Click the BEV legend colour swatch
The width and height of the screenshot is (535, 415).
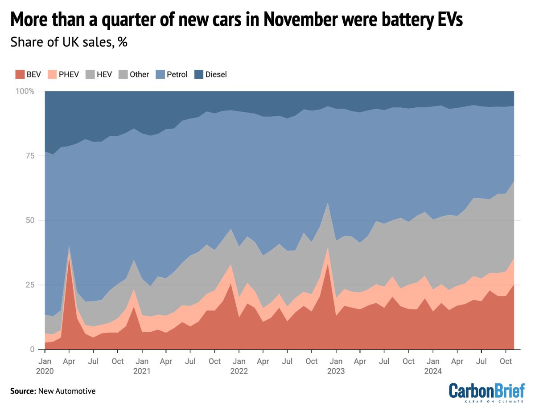18,74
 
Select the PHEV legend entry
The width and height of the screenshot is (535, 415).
65,74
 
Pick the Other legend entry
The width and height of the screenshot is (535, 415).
135,74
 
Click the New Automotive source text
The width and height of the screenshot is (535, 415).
66,391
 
